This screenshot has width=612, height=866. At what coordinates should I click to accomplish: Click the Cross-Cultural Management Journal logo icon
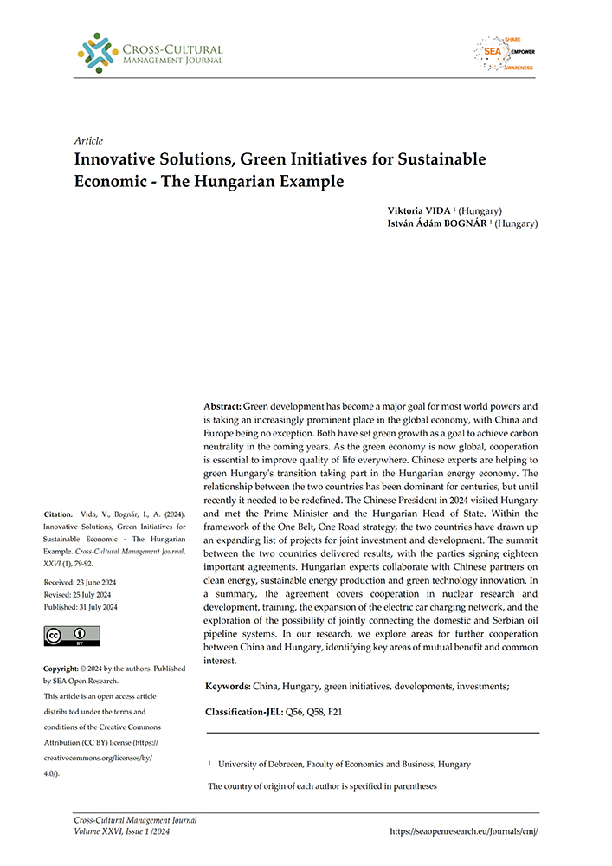point(98,52)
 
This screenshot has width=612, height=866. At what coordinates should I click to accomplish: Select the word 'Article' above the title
point(88,140)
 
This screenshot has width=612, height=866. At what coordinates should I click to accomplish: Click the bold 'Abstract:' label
point(222,406)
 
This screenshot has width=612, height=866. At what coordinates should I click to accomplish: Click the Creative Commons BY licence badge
point(71,636)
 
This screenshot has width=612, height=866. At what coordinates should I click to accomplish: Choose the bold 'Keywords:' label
point(228,687)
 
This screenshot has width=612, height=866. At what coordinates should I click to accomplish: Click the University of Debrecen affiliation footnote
point(344,765)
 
